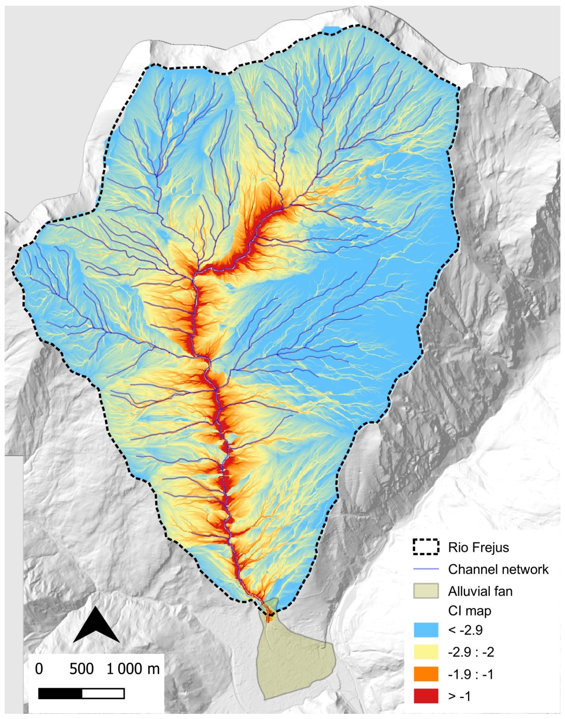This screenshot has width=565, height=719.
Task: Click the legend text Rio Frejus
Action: (x=478, y=547)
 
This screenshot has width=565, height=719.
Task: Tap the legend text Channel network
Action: (x=498, y=569)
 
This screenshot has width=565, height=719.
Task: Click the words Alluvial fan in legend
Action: (x=480, y=591)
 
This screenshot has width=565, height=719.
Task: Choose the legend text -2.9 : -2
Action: (x=471, y=652)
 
